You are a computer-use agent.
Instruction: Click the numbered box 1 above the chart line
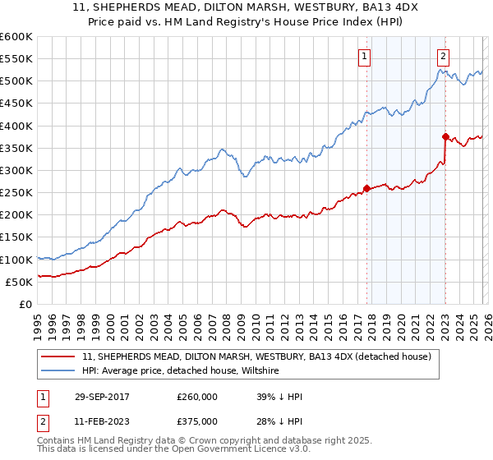pos(364,57)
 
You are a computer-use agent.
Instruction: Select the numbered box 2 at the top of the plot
pos(443,57)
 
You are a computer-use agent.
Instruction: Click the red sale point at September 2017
pos(366,188)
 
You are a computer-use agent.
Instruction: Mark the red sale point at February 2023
pos(445,137)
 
